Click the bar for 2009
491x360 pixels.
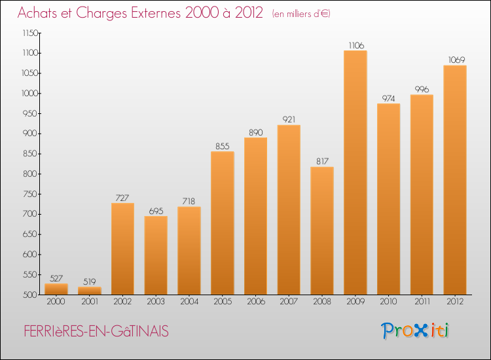pyautogui.click(x=355, y=173)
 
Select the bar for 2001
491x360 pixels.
pyautogui.click(x=89, y=291)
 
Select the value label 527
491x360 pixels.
pyautogui.click(x=56, y=278)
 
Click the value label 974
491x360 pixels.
pyautogui.click(x=388, y=98)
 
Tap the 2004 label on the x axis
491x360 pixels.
pyautogui.click(x=189, y=302)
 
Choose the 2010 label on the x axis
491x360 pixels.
pyautogui.click(x=388, y=302)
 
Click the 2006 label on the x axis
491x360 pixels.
pyautogui.click(x=255, y=302)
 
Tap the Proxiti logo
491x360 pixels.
pyautogui.click(x=416, y=331)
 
